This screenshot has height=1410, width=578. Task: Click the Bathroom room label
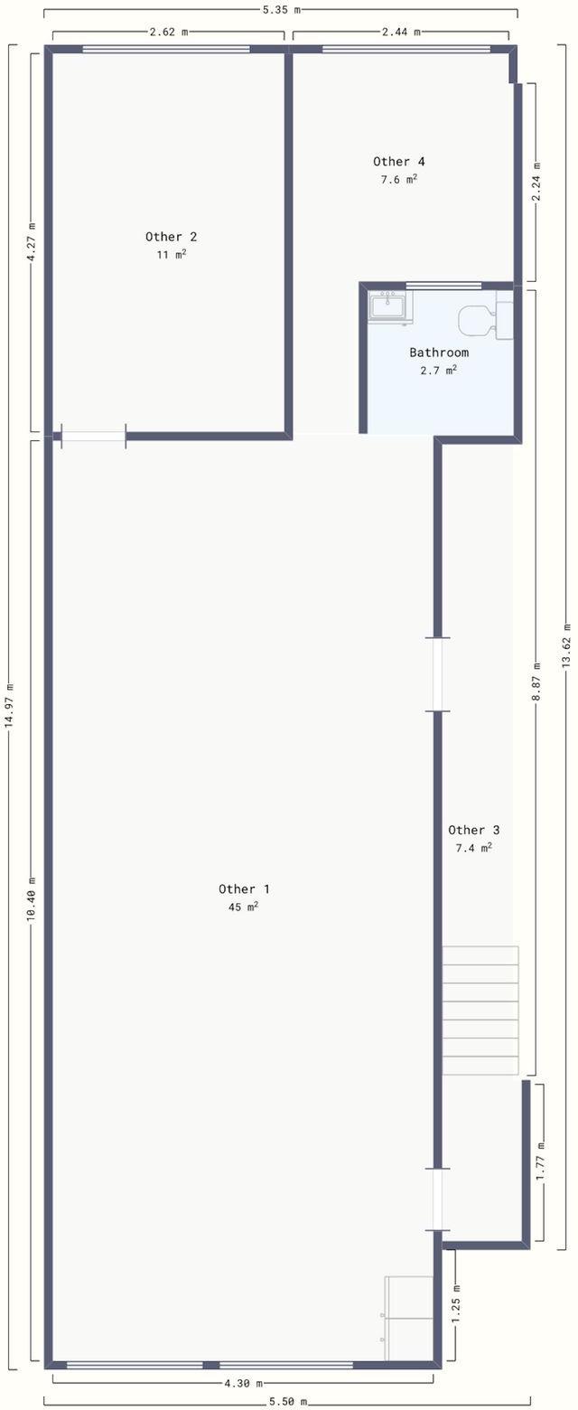pos(438,352)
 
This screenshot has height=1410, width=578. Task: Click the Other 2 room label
pos(171,237)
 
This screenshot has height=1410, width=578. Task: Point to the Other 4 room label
pos(399,161)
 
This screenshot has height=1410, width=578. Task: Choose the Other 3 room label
pos(473,830)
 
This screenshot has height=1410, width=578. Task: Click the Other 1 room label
pos(244,888)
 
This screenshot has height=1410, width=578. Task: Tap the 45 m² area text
pos(244,907)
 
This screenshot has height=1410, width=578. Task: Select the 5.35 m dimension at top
pos(280,9)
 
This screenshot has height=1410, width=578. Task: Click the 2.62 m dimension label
pos(169,33)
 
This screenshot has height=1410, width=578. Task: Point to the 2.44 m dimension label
pos(402,33)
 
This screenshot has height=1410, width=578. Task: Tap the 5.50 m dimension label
pos(288,1402)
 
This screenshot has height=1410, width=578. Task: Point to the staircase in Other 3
pos(480,1010)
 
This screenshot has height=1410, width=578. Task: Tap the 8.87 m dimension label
pos(536,682)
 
